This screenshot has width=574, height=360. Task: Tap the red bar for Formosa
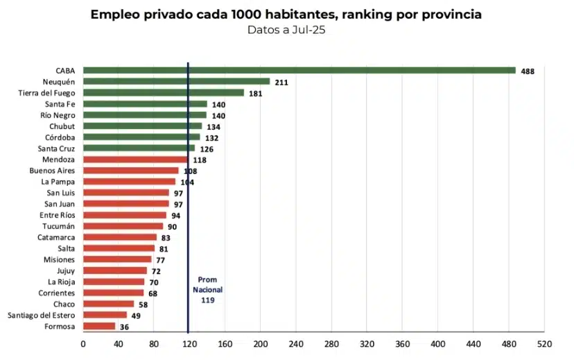point(99,326)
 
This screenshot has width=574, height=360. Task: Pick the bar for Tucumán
point(123,226)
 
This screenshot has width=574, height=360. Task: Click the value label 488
point(528,71)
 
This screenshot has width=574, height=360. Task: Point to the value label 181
point(255,93)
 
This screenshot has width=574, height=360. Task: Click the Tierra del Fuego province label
point(50,92)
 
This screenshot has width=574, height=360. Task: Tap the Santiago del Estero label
point(42,315)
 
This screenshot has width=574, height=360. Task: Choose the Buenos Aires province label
point(52,170)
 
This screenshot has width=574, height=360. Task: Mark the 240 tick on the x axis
point(296,343)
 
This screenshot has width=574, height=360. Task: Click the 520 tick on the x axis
point(544,343)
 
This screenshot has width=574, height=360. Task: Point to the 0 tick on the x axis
point(83,343)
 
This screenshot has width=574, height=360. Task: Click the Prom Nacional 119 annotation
point(207,290)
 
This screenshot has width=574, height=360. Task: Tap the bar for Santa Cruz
point(139,148)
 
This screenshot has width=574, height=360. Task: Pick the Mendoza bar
point(135,159)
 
